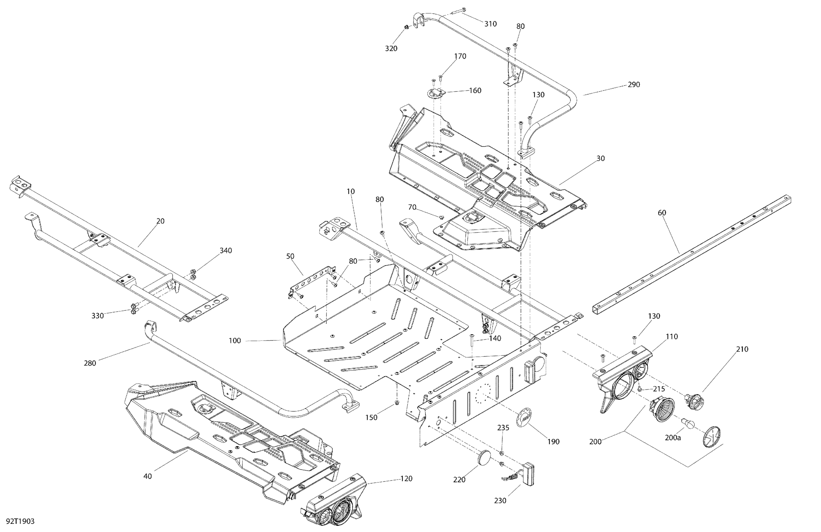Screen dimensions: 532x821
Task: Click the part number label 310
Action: coord(490,24)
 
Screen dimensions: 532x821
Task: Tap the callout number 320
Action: coord(391,49)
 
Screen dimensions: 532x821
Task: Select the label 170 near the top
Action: coord(460,56)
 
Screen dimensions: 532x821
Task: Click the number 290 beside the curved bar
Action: coord(634,85)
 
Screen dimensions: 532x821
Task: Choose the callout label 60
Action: coord(662,213)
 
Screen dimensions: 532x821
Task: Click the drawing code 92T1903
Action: coord(20,521)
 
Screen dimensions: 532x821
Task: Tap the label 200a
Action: coord(673,438)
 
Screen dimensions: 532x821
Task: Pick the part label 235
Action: coord(503,428)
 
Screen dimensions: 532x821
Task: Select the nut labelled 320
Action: coord(406,27)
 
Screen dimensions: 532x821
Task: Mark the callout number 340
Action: coord(226,251)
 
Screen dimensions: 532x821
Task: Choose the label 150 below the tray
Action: coord(371,418)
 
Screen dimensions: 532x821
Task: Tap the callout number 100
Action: coord(235,341)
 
